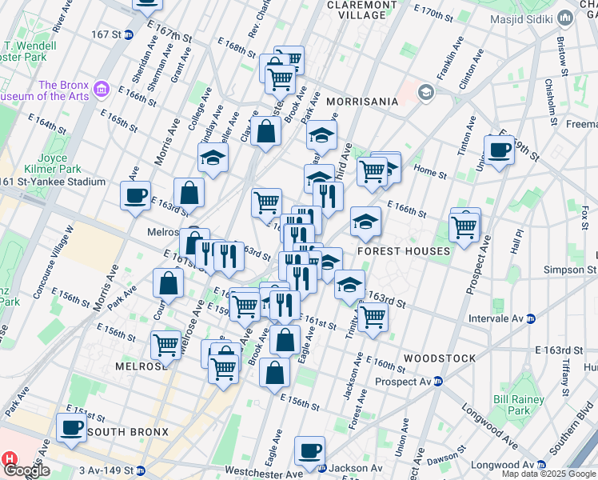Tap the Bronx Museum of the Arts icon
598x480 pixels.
click(x=101, y=87)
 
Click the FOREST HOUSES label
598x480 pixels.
click(x=403, y=251)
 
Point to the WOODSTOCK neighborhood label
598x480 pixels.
click(x=440, y=358)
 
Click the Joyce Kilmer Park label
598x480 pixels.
click(x=53, y=164)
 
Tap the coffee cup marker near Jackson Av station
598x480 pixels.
click(x=309, y=450)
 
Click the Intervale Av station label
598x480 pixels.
click(x=490, y=318)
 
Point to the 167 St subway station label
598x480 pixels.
click(x=106, y=34)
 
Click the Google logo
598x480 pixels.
click(x=26, y=470)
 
